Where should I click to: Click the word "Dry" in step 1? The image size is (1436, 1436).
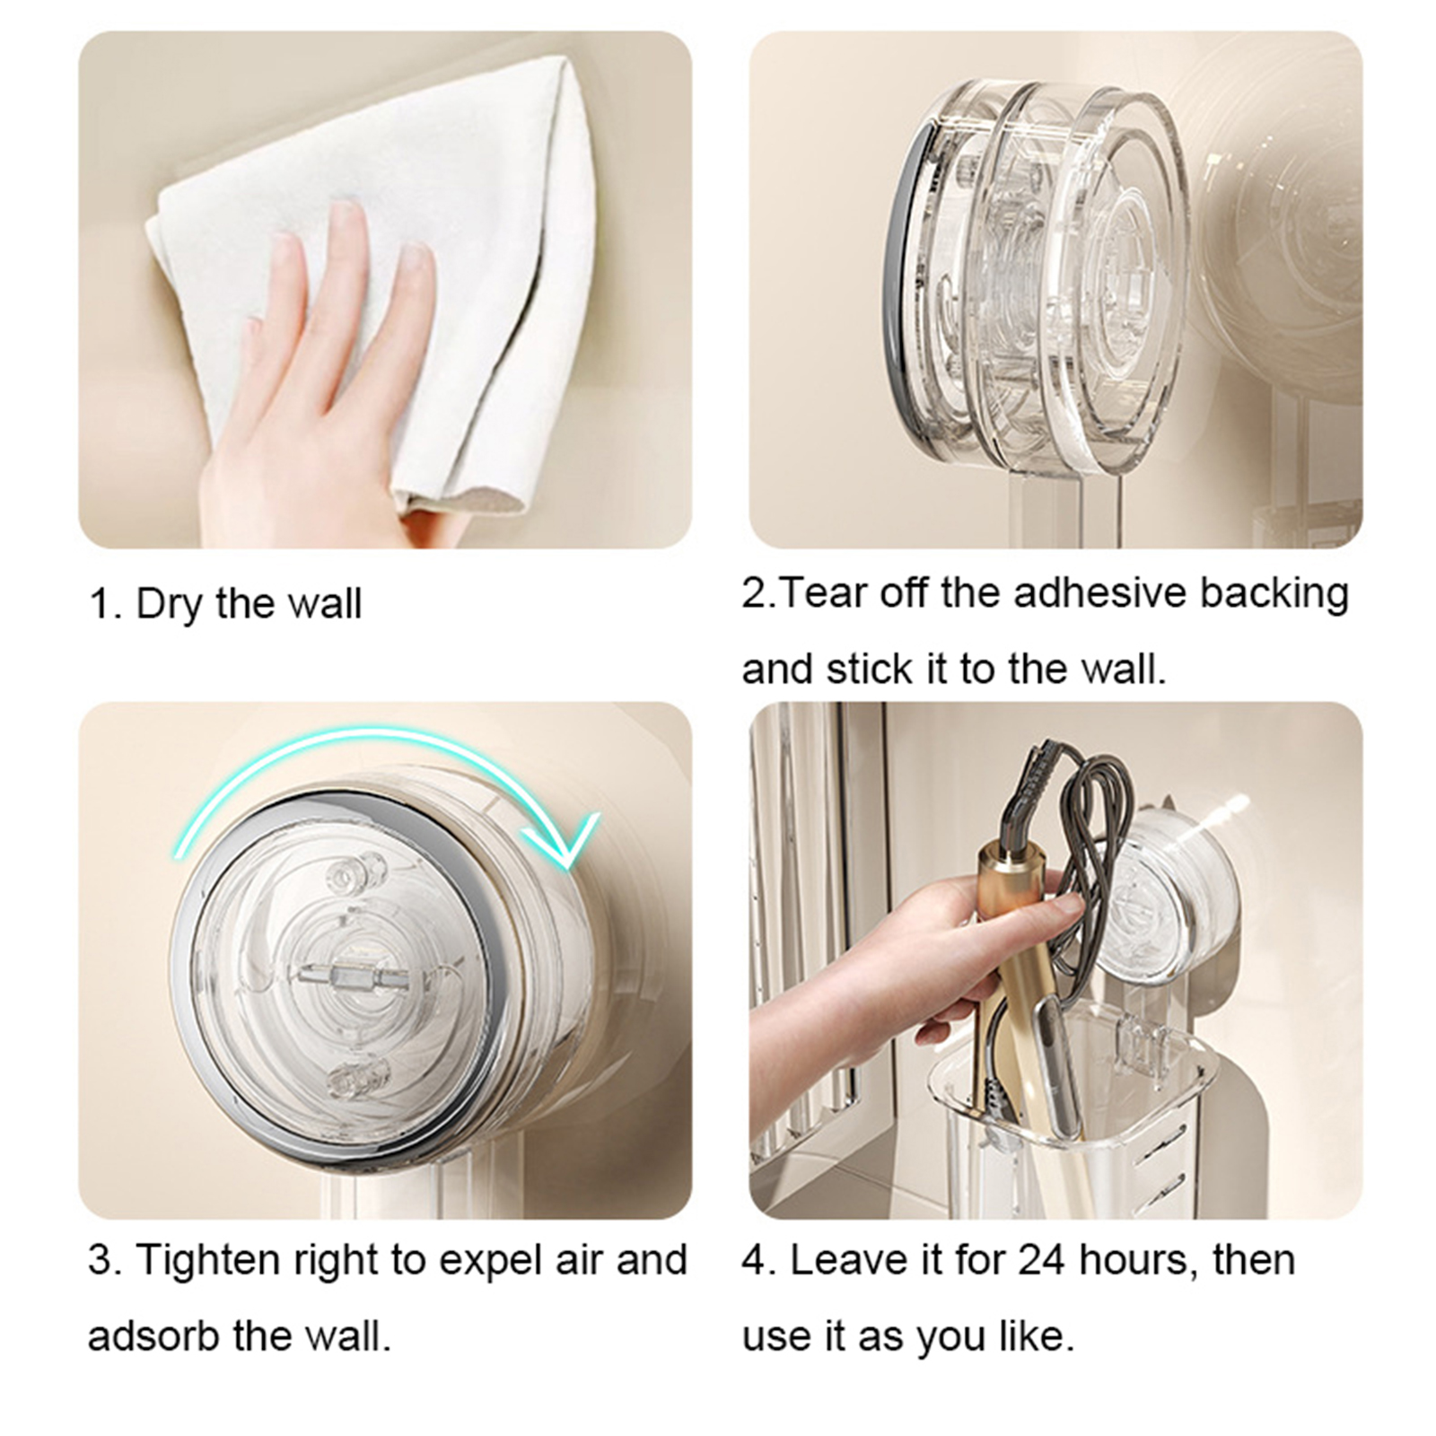pos(170,604)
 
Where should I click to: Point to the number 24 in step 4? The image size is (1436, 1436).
pos(1043,1261)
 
